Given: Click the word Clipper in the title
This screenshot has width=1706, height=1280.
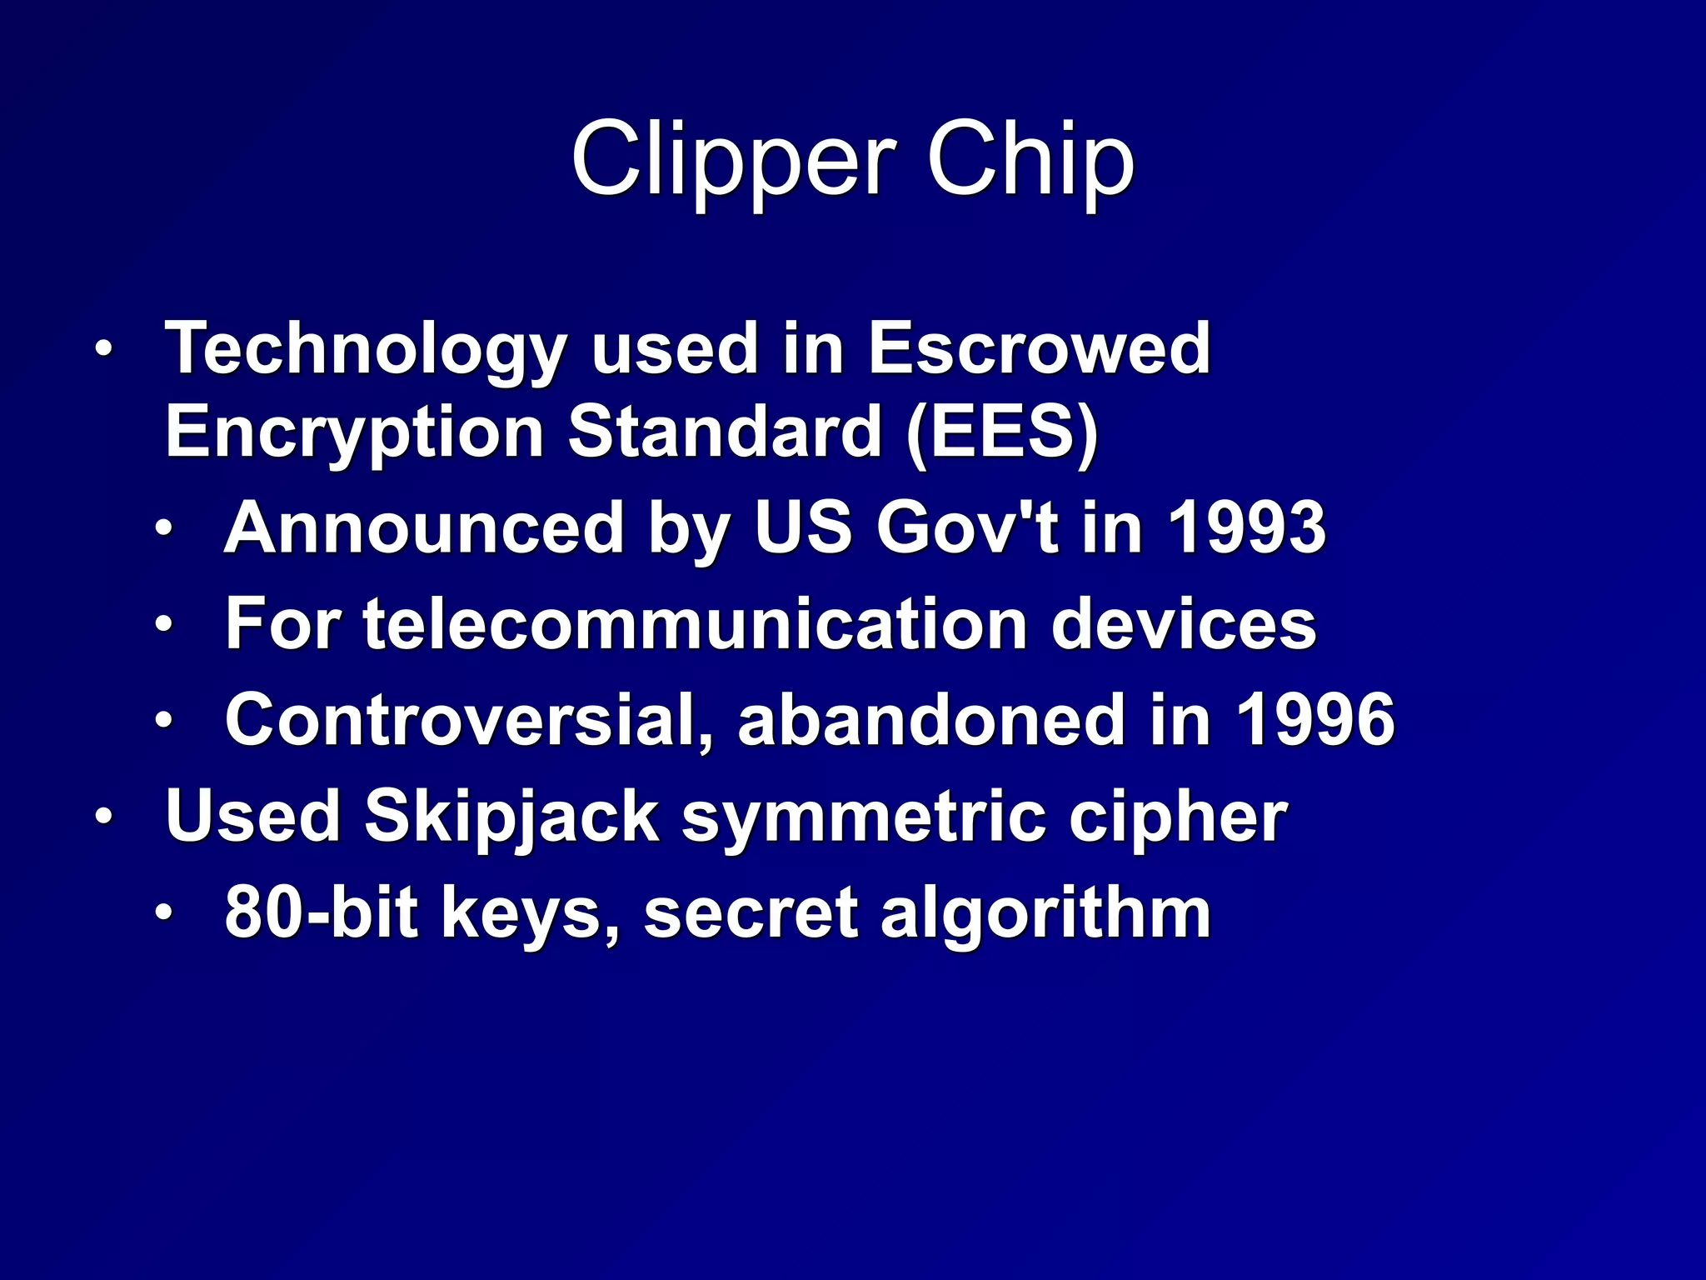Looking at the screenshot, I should click(733, 158).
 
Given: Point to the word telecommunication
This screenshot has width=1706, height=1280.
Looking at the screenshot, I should click(695, 624).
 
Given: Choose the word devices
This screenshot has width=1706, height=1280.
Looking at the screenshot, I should click(1184, 624).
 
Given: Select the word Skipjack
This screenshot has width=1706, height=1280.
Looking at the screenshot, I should click(512, 817).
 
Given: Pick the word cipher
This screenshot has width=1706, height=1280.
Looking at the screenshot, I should click(1178, 817).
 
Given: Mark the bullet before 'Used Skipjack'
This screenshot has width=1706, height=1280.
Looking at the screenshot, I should click(102, 817).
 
